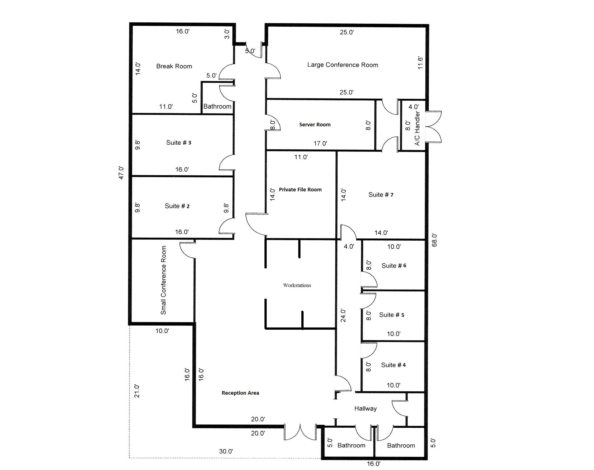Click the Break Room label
point(174,66)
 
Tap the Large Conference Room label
point(343,65)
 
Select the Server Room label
point(315,125)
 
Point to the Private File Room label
point(300,190)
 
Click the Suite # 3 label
point(179,143)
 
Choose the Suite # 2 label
point(177,206)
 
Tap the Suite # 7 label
point(381,195)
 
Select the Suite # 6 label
point(394,266)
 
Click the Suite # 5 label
point(392,315)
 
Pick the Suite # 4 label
point(393,365)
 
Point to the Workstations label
point(297,285)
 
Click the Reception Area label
point(240,393)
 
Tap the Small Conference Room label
point(163,280)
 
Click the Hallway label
point(366,409)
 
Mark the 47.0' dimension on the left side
point(121,173)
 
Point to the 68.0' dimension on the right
point(434,240)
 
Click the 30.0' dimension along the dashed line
point(226,451)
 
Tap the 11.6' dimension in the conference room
point(420,63)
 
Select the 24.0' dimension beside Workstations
point(343,315)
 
